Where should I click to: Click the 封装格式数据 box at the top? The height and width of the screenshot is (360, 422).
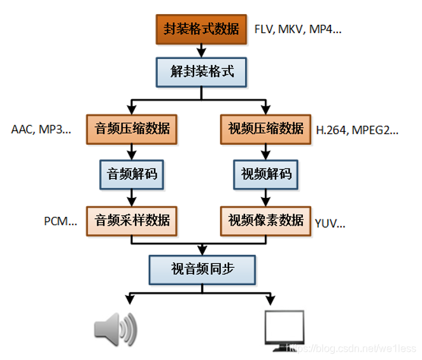coord(202,29)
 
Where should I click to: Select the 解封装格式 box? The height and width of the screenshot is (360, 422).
coord(202,71)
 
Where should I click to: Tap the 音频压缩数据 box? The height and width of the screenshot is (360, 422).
coord(132,128)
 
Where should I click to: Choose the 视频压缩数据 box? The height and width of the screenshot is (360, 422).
coord(265,128)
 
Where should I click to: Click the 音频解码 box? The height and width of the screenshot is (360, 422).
coord(132,173)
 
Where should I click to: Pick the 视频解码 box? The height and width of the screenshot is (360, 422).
coord(265,173)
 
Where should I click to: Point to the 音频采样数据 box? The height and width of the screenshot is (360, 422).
coord(132,220)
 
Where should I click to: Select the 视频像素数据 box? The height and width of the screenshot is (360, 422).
coord(265,220)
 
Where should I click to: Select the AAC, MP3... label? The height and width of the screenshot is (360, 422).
coord(41,129)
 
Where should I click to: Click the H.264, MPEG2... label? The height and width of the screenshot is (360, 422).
coord(356,130)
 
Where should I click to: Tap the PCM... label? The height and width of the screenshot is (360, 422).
coord(60,221)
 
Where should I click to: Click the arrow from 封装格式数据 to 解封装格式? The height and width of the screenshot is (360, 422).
coord(202,50)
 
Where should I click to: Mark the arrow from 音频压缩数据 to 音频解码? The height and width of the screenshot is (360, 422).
coord(132,151)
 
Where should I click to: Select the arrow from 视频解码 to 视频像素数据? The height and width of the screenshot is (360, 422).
coord(265,197)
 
